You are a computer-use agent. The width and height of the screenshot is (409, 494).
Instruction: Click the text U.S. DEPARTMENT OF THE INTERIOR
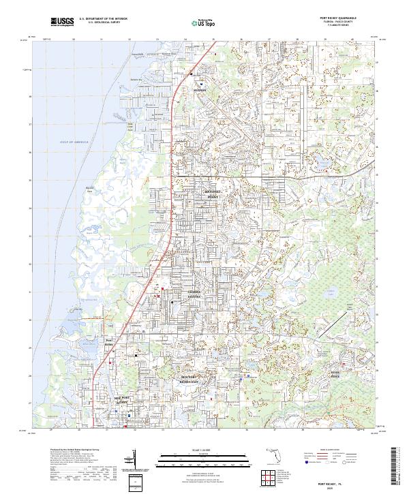click(x=103, y=18)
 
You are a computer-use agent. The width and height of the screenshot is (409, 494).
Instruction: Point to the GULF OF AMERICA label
click(x=74, y=142)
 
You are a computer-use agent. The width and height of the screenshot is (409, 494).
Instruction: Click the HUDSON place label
click(x=199, y=89)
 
